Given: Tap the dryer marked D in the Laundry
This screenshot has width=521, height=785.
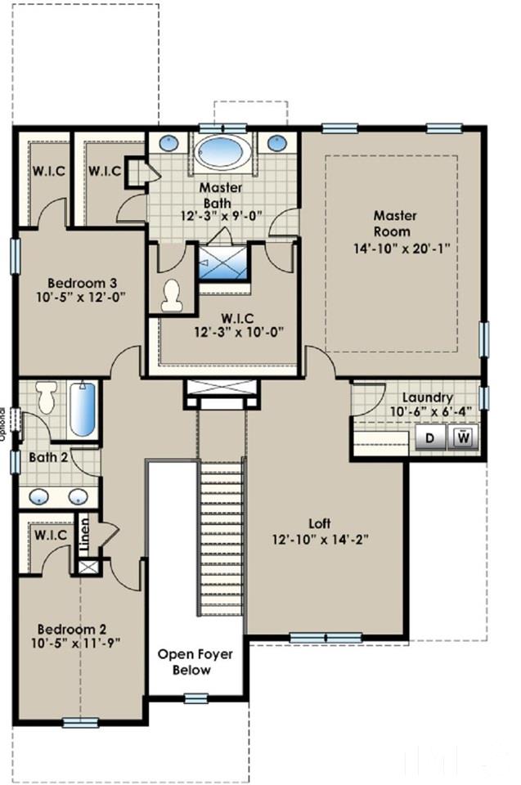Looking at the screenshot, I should click(x=429, y=438).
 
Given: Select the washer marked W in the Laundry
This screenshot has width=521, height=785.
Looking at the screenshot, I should click(x=463, y=438).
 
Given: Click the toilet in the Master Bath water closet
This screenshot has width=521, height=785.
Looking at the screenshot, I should click(x=172, y=295).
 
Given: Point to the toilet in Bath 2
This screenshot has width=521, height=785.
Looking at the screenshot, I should click(x=47, y=398).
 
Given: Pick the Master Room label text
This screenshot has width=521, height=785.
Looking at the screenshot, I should click(x=395, y=223).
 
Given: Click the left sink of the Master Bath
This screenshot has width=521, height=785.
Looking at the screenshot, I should click(x=169, y=141).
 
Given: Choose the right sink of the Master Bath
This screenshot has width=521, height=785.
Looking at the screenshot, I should click(x=276, y=141).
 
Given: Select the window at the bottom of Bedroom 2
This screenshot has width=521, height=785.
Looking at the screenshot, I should click(x=81, y=722).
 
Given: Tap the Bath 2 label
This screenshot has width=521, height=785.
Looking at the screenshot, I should click(x=48, y=457).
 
